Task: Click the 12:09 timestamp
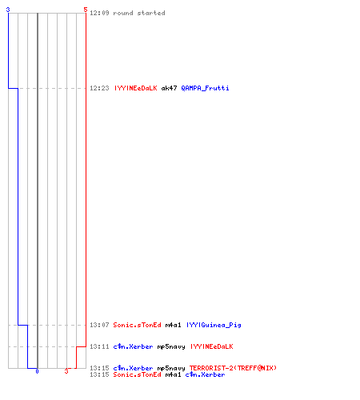[x=99, y=13]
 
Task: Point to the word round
[x=123, y=13]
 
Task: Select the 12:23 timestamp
[x=99, y=88]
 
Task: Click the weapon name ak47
[x=169, y=88]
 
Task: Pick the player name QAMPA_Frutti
[x=205, y=88]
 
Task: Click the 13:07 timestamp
[x=99, y=325]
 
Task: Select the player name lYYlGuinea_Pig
[x=214, y=325]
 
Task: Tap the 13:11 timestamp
[x=99, y=346]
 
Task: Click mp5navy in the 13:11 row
[x=171, y=347]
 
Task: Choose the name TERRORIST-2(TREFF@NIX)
[x=233, y=368]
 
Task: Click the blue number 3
[x=8, y=10]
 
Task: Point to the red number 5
[x=86, y=10]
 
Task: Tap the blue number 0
[x=37, y=371]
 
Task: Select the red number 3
[x=66, y=371]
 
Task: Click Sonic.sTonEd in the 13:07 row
[x=137, y=325]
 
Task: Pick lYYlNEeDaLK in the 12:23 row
[x=136, y=88]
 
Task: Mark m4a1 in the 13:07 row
[x=173, y=325]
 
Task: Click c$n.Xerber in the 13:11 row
[x=133, y=346]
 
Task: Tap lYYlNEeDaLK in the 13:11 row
[x=212, y=346]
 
